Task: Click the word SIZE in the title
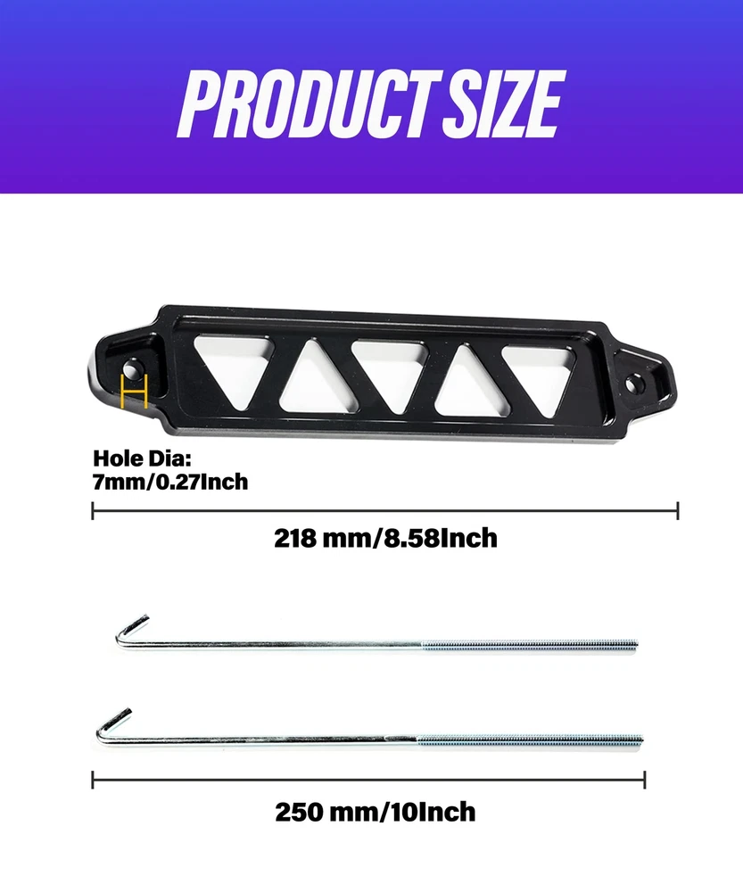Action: [504, 104]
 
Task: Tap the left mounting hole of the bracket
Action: [131, 371]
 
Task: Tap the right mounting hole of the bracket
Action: [632, 384]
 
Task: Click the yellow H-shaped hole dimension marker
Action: [135, 392]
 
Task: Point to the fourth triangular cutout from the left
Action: [467, 380]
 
